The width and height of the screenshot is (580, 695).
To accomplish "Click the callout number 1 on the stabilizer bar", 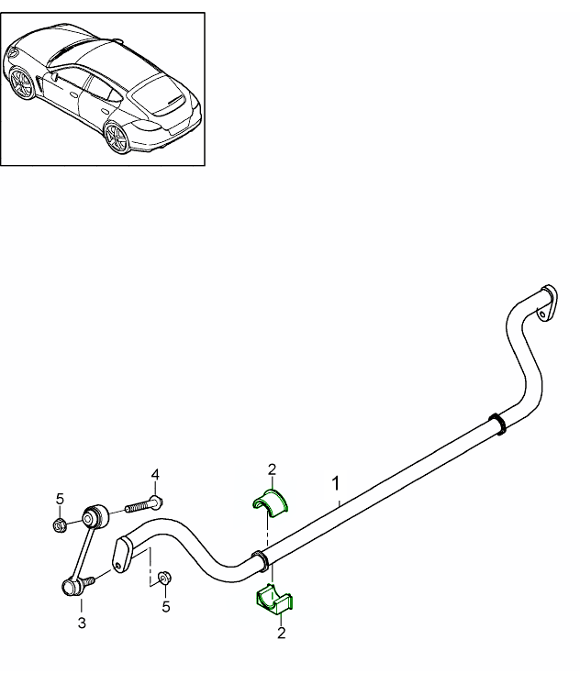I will coord(337,482).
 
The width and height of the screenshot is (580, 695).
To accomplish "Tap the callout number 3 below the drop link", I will coord(82,624).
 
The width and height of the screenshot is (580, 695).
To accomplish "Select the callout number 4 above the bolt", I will coord(155,474).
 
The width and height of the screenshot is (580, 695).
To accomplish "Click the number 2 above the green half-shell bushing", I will coord(272,470).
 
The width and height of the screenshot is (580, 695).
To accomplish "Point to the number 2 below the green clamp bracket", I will coord(281,632).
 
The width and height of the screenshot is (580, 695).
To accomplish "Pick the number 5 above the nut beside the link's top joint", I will coord(60,499).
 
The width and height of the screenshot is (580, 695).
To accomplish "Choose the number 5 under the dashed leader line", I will coord(166,606).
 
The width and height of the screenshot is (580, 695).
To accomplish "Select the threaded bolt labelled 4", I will coord(142,503).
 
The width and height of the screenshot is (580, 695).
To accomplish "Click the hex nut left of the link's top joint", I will coord(60,524).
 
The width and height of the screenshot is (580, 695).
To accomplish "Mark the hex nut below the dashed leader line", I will coord(165,578).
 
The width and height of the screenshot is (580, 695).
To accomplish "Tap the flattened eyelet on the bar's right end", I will coord(547,303).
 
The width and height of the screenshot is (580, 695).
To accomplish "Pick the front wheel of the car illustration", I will coord(22,85).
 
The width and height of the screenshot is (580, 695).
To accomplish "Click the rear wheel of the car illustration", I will coord(117,139).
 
